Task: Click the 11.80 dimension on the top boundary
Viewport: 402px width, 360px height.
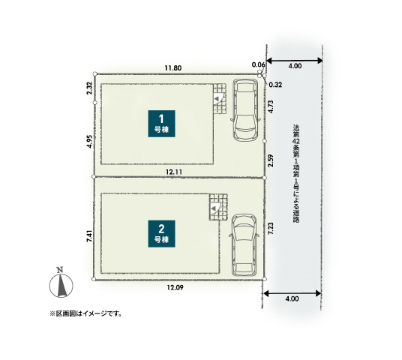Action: (173, 68)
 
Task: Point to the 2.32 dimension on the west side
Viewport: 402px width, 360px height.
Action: (89, 88)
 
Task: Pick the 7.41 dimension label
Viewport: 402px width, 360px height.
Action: (89, 235)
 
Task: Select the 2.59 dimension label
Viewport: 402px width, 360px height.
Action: (270, 160)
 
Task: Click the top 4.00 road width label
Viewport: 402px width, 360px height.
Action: (295, 66)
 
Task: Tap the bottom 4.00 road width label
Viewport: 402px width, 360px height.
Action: (292, 298)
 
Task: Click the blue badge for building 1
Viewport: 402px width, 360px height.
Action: (162, 122)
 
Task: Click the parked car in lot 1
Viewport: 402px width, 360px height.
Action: (244, 111)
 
